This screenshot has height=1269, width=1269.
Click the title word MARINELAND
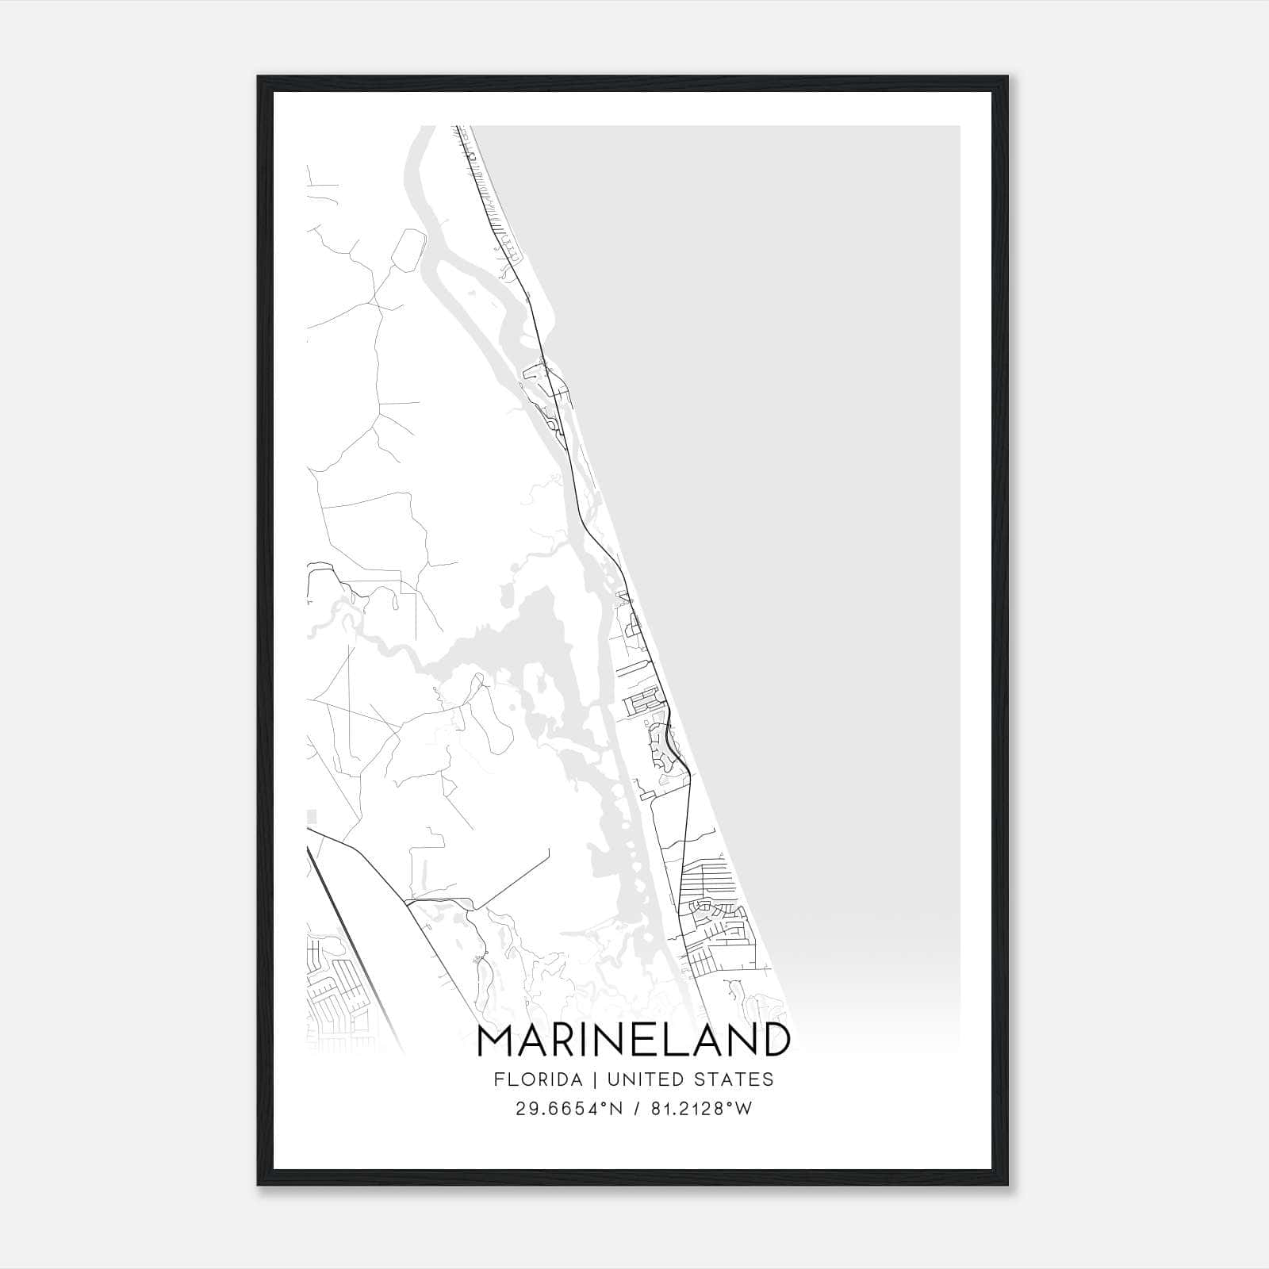pyautogui.click(x=633, y=1041)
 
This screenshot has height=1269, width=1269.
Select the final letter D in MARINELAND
pyautogui.click(x=773, y=1041)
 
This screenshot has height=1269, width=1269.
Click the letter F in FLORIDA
pyautogui.click(x=498, y=1079)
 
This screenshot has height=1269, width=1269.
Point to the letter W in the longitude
pyautogui.click(x=742, y=1109)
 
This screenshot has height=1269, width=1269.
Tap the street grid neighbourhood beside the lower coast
pyautogui.click(x=714, y=912)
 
